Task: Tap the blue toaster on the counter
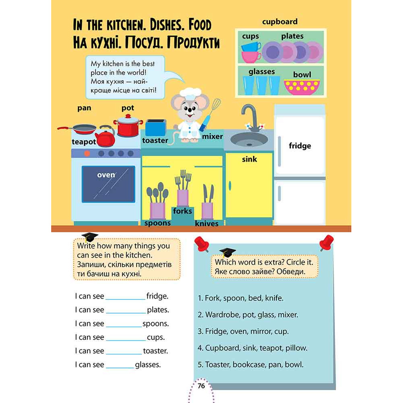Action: (156, 128)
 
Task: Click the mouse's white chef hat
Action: (190, 94)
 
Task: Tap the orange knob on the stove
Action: (87, 154)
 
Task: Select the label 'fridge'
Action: (300, 146)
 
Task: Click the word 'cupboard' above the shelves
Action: (280, 22)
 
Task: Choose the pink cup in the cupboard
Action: (251, 57)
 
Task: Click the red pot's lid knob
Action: (128, 116)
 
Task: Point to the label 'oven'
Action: (106, 175)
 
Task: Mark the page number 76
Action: (201, 386)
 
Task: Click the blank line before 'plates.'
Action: (126, 313)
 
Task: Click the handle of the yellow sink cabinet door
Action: (230, 186)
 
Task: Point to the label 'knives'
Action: (207, 224)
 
